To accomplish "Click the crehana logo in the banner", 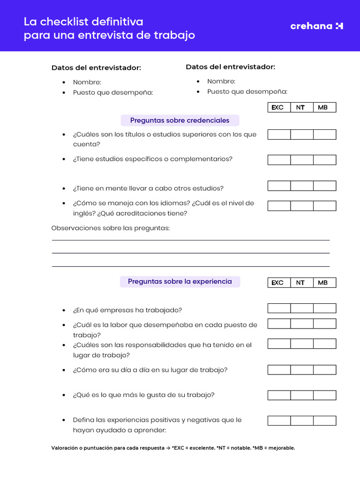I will [316, 26].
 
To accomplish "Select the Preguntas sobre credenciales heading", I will [180, 120].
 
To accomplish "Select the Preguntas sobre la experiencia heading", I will [180, 282].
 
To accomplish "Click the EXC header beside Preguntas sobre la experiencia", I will [277, 283].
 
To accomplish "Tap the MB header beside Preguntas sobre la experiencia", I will [323, 283].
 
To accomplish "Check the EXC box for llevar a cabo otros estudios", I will [279, 186].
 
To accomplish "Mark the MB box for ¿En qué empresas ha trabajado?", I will [324, 308].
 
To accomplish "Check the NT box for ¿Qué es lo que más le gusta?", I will [301, 395].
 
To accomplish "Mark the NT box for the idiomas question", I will [301, 206].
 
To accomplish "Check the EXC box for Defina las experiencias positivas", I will [279, 420].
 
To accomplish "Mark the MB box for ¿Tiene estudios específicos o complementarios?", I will [324, 160].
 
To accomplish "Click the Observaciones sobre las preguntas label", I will [110, 228].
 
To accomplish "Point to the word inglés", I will [83, 214].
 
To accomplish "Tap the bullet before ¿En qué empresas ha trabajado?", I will [63, 311].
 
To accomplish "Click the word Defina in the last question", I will [83, 420].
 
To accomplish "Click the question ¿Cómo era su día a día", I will [150, 370].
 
